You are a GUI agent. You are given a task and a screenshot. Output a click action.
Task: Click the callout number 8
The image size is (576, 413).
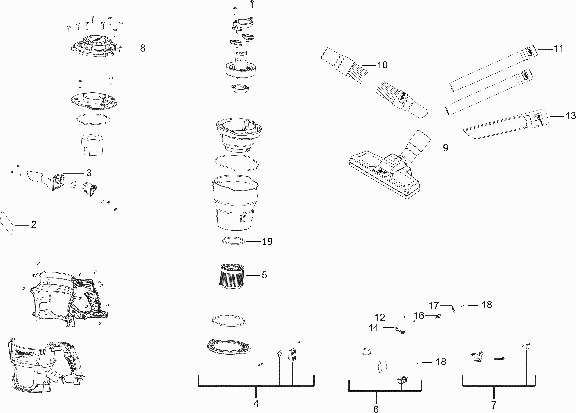pyautogui.click(x=143, y=48)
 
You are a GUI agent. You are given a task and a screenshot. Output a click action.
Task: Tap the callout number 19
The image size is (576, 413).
pyautogui.click(x=267, y=242)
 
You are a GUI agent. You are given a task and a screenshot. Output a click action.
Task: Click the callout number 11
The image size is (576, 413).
pyautogui.click(x=558, y=49)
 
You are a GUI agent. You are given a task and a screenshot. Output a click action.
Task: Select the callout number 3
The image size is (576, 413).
pyautogui.click(x=89, y=173)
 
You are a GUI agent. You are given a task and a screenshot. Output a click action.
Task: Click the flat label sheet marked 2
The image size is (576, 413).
pyautogui.click(x=7, y=222)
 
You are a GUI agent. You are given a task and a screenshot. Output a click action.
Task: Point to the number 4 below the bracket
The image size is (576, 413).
pyautogui.click(x=256, y=404)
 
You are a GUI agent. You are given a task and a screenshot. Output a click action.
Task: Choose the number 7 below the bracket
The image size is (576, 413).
pyautogui.click(x=494, y=405)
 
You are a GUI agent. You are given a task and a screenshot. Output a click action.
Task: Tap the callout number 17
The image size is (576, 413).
pyautogui.click(x=434, y=305)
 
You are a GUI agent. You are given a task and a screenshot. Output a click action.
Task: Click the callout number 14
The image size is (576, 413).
pyautogui.click(x=373, y=328)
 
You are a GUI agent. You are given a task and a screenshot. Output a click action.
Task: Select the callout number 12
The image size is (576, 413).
pyautogui.click(x=380, y=317)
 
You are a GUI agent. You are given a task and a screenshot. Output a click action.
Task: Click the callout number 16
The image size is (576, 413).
pyautogui.click(x=419, y=315)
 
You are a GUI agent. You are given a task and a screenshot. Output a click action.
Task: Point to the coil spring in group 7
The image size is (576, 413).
pyautogui.click(x=499, y=359)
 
